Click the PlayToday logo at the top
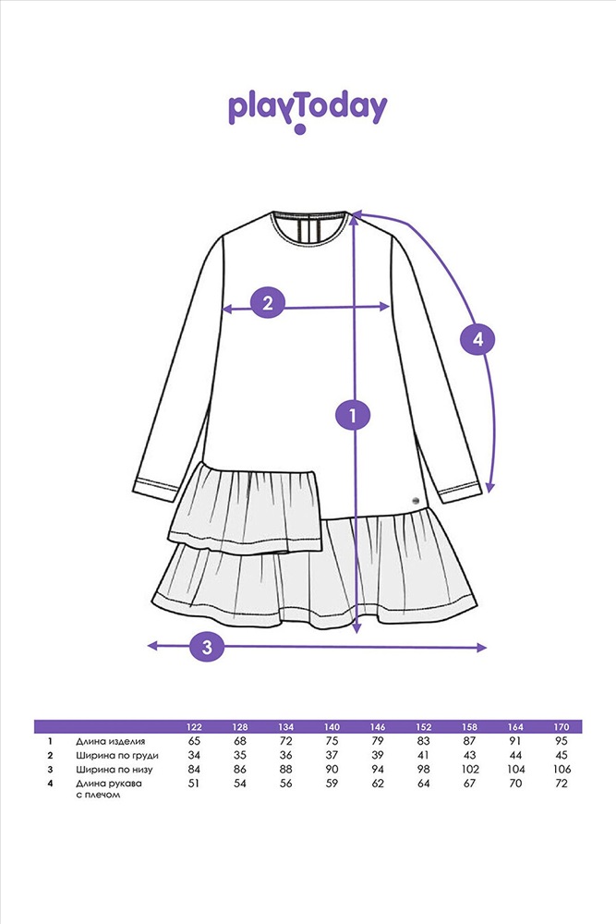pos(308,109)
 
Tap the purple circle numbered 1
pos(352,414)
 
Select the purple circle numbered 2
pos(268,302)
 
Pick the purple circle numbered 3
pos(207,646)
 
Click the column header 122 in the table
pos(195,727)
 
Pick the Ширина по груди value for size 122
pos(195,755)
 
